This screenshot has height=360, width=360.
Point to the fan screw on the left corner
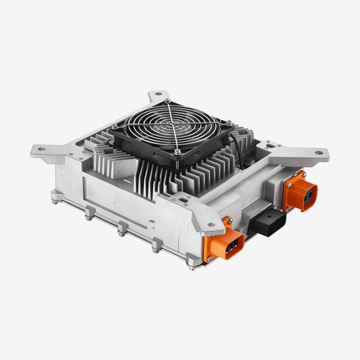[115, 126]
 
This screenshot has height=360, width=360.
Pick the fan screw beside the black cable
[229, 123]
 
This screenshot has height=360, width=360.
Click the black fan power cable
[238, 148]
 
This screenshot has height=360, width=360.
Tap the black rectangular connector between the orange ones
[268, 223]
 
